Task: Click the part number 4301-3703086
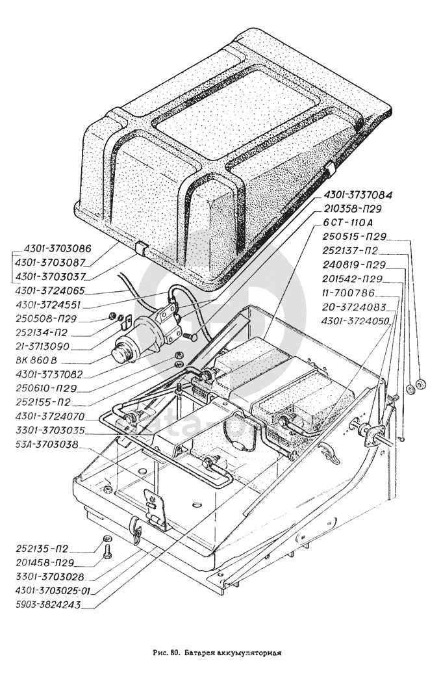58,248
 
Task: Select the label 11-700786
350,292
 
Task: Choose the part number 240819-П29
355,265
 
